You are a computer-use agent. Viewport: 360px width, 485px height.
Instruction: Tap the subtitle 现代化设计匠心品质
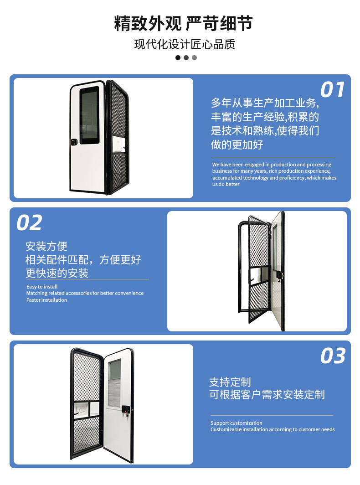coord(185,45)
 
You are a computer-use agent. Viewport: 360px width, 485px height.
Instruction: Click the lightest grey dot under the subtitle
coord(194,58)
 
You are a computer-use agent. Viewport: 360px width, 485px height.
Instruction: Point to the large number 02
coord(30,223)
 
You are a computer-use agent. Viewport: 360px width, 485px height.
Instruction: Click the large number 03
coord(333,356)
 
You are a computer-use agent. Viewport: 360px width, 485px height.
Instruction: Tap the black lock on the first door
coord(74,142)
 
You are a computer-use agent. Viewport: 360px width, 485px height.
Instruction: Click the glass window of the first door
coord(89,115)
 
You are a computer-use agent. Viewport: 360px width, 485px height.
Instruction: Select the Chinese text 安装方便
coord(46,247)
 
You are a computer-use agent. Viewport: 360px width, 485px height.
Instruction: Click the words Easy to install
coord(42,287)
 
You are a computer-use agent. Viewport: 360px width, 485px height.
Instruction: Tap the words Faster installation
coord(46,300)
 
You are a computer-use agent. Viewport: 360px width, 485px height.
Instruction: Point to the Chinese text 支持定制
coord(230,382)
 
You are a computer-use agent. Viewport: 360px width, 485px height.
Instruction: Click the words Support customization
coord(236,423)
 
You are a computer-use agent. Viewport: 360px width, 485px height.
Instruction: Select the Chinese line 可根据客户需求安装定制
coord(267,395)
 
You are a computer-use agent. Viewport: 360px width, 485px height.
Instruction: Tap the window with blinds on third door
coord(114,383)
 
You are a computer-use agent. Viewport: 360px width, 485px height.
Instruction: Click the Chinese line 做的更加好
coord(237,145)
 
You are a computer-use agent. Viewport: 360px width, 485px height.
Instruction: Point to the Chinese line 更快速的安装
coord(57,273)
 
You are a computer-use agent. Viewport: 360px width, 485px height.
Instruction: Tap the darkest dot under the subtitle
coord(178,58)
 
